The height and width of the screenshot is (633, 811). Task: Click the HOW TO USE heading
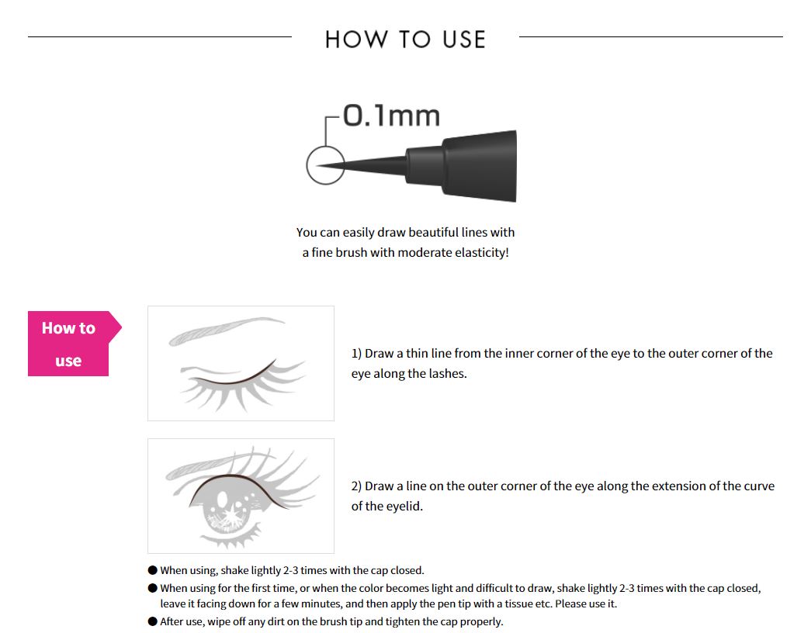405,40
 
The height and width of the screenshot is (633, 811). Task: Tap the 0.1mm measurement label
391,116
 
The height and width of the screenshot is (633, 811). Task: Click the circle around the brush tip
325,165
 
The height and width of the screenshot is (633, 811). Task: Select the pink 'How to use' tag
69,344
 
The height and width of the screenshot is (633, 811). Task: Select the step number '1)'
357,354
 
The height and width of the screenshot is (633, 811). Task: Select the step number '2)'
357,486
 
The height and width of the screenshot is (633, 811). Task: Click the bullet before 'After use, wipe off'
153,621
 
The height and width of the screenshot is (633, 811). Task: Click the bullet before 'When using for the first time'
153,589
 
